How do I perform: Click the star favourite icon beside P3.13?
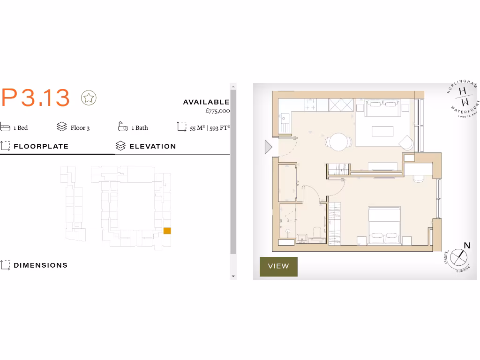pos(89,98)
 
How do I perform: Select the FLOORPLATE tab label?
pos(41,146)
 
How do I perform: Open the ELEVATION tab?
pos(152,146)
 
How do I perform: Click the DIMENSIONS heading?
pos(40,265)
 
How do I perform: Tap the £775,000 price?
pos(217,111)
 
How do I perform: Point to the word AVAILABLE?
pos(206,102)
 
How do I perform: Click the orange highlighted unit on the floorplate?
pos(167,231)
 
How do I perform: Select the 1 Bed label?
pos(21,127)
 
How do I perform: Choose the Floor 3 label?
pos(80,127)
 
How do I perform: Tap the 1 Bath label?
pos(139,127)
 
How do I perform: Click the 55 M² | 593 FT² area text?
pos(210,127)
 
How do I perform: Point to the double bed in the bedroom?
pos(384,225)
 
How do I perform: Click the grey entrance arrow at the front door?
pos(268,147)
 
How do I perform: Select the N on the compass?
pos(466,246)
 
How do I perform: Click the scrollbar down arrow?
pos(233,276)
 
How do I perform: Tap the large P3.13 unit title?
pos(36,98)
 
